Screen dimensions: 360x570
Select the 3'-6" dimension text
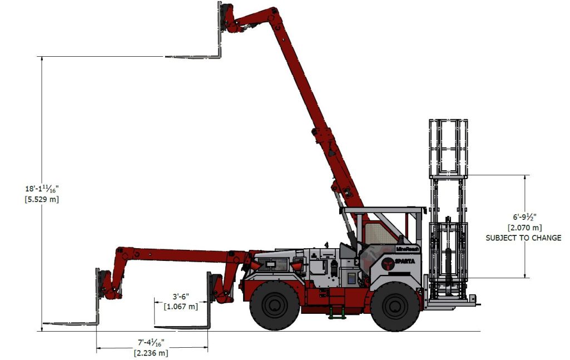(181, 297)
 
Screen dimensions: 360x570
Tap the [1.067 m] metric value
(181, 306)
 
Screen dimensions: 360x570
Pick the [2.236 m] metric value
(151, 352)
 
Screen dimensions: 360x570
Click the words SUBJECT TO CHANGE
(523, 238)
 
